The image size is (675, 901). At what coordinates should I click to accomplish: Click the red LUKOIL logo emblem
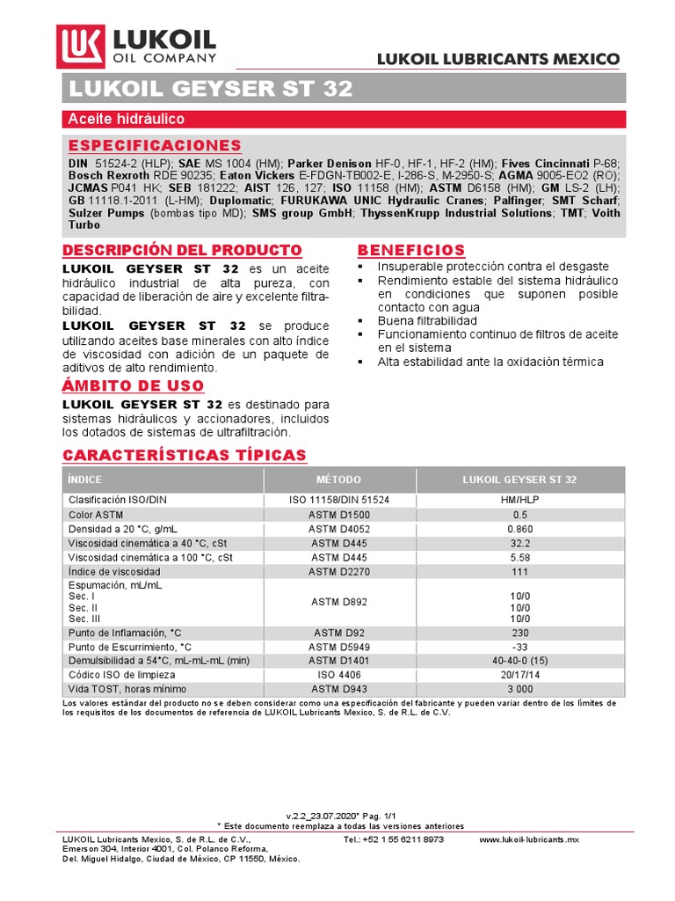pyautogui.click(x=81, y=45)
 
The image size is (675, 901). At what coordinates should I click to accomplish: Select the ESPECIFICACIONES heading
pyautogui.click(x=155, y=145)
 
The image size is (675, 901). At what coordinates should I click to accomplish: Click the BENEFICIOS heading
pyautogui.click(x=411, y=250)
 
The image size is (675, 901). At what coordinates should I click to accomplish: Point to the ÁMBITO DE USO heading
pyautogui.click(x=133, y=385)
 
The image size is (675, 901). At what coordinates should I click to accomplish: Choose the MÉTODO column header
pyautogui.click(x=338, y=480)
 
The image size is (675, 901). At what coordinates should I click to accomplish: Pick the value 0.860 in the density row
pyautogui.click(x=519, y=529)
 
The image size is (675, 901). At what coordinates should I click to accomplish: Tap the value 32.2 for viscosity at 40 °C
pyautogui.click(x=519, y=543)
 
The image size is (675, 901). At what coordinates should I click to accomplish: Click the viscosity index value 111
pyautogui.click(x=519, y=571)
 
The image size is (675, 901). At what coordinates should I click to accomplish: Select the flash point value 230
pyautogui.click(x=519, y=633)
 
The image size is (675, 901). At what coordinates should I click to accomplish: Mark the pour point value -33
pyautogui.click(x=519, y=647)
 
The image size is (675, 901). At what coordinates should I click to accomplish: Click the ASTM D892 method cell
pyautogui.click(x=338, y=602)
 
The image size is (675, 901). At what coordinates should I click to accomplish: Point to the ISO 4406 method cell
pyautogui.click(x=338, y=675)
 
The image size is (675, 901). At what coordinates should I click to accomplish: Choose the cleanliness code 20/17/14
pyautogui.click(x=519, y=675)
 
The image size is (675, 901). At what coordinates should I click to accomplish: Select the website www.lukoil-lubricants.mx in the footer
pyautogui.click(x=529, y=839)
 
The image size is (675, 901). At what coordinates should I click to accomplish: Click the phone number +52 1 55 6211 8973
pyautogui.click(x=394, y=839)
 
